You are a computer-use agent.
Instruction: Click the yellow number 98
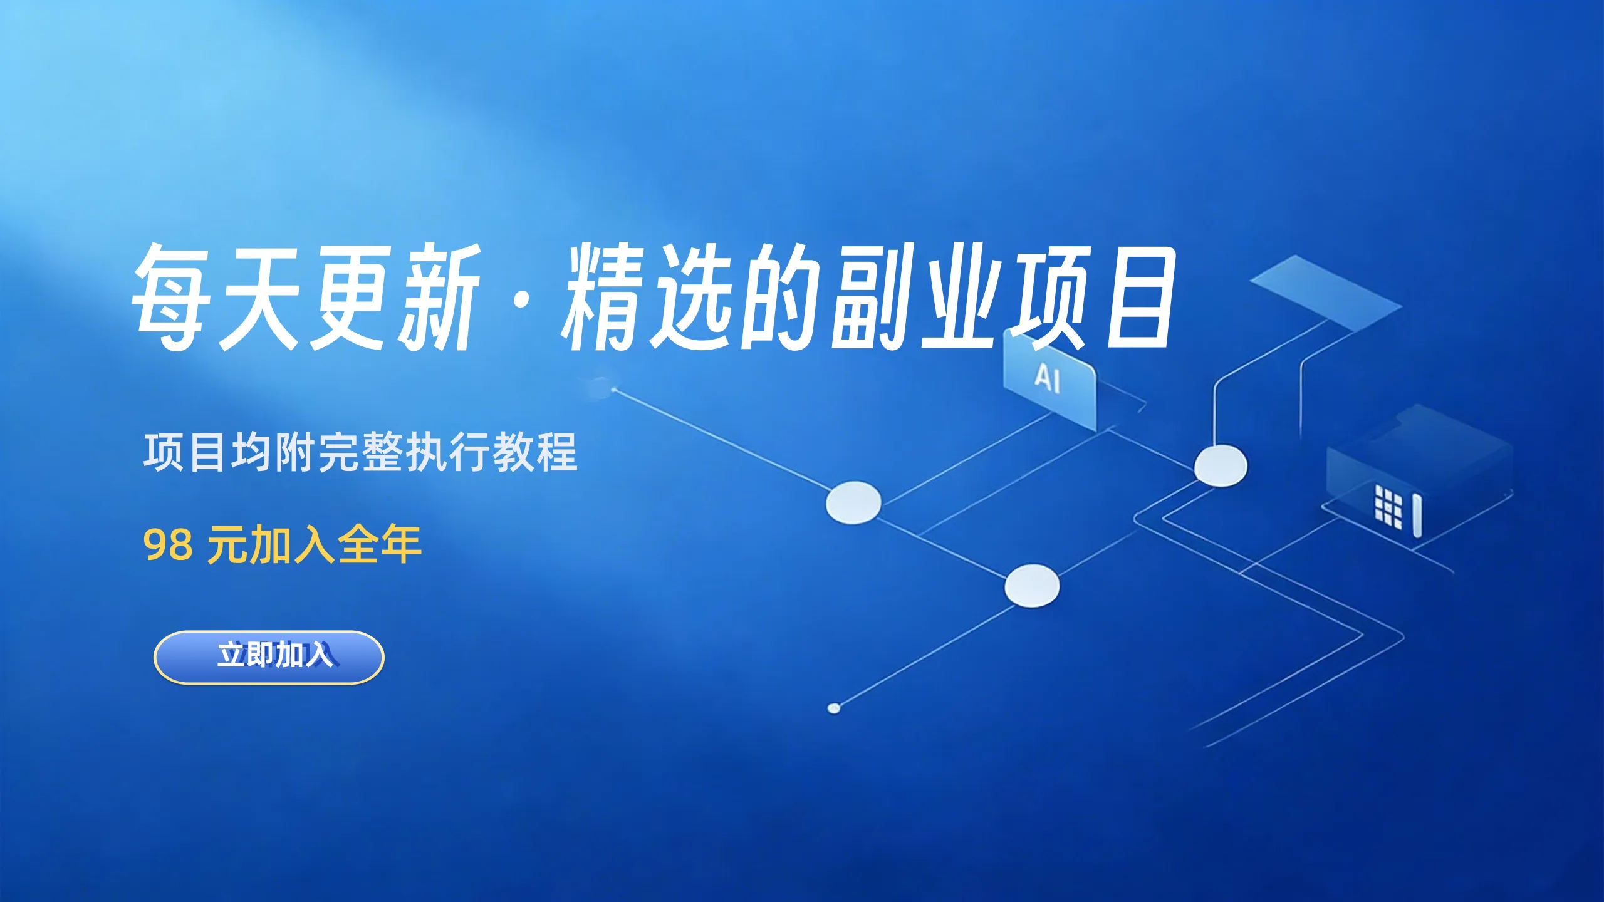pos(167,545)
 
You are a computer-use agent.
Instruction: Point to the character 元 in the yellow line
pos(227,545)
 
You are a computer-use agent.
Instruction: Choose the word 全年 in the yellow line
pos(379,545)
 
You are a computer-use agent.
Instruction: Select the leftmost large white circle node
pos(853,502)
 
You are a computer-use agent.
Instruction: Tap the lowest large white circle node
pos(1032,586)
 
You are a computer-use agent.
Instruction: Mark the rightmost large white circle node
pos(1221,466)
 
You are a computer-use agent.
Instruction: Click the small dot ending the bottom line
pos(834,708)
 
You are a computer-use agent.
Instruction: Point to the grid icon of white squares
pos(1388,506)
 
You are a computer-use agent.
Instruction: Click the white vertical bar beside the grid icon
pos(1417,515)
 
